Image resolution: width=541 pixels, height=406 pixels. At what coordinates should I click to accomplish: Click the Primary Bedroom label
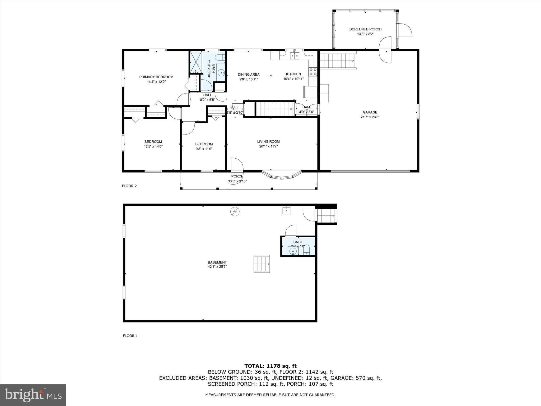coord(156,77)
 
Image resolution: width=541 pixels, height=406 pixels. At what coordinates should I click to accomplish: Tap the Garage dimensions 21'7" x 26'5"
coord(370,117)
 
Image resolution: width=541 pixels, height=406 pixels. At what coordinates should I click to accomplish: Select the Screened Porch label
coord(365,29)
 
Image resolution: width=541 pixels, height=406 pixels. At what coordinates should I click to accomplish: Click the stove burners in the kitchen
coord(313,72)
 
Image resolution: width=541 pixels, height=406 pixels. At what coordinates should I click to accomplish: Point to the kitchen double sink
coord(295,55)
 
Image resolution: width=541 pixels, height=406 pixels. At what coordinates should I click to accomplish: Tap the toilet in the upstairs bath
coord(220,57)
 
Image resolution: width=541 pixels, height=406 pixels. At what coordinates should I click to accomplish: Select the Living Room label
coord(268,141)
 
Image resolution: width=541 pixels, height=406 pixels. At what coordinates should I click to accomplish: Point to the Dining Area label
coord(249,75)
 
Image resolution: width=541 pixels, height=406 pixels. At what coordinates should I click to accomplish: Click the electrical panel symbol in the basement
coord(235,211)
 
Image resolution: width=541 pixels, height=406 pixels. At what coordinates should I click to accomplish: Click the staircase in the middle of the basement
coord(262,264)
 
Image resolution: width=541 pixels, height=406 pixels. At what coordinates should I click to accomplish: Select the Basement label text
coord(217,262)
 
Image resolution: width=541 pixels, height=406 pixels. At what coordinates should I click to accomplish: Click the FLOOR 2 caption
coord(129,186)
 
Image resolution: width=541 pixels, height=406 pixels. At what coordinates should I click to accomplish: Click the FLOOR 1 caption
coord(130,336)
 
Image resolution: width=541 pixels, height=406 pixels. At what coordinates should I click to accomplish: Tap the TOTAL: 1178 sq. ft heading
coord(270,366)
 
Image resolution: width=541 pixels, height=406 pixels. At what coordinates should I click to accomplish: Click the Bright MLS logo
coord(33,395)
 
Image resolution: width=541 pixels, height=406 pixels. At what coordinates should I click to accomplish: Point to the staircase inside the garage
coord(337,61)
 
